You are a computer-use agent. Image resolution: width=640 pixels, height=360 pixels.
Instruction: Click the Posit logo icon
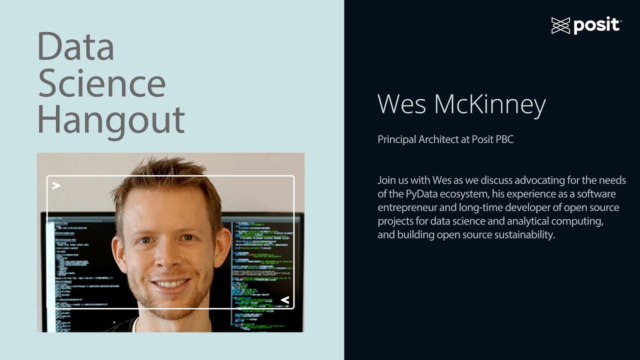click(560, 25)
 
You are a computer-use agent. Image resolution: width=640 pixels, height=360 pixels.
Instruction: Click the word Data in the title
click(75, 46)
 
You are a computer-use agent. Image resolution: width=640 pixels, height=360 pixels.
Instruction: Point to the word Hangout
click(111, 120)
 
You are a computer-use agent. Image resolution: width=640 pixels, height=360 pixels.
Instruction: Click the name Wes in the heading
click(401, 104)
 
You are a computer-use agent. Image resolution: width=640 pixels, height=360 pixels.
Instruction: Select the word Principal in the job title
click(397, 139)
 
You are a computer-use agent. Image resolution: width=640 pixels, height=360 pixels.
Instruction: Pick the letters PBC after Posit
click(504, 139)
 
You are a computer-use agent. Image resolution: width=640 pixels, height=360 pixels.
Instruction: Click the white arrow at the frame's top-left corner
click(56, 185)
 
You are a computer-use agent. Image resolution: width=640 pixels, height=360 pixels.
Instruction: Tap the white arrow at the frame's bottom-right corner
click(285, 300)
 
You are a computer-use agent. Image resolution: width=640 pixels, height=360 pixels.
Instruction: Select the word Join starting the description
click(386, 180)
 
